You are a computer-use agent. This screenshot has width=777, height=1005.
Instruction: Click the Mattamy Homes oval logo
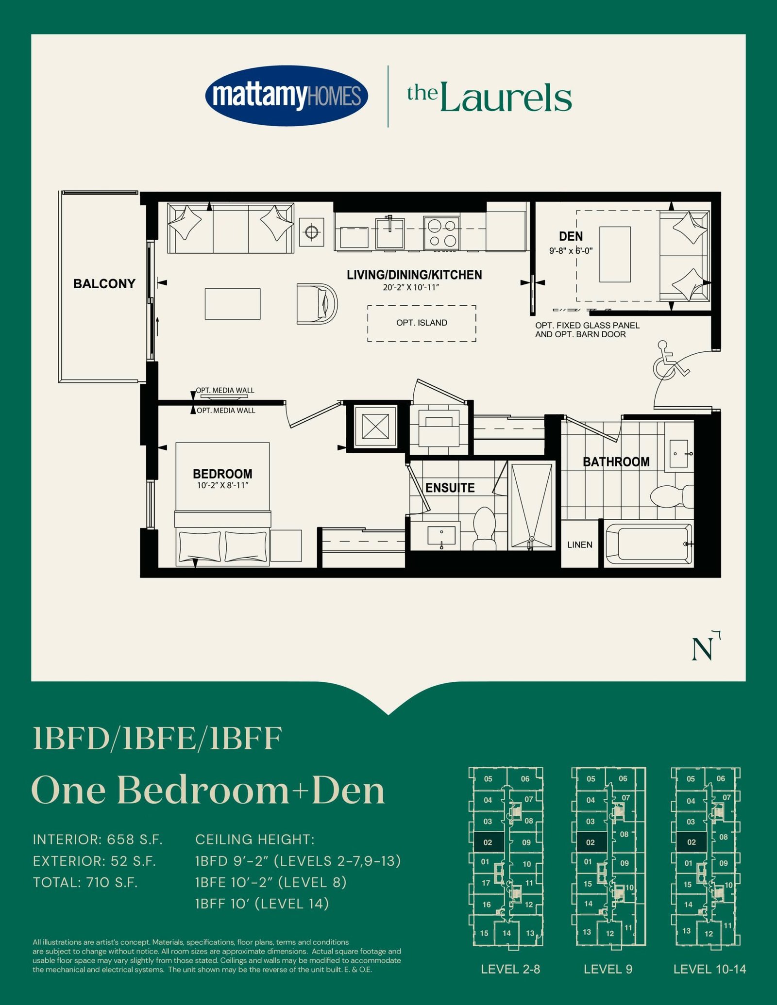pyautogui.click(x=287, y=96)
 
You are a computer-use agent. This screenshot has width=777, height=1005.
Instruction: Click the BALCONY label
pyautogui.click(x=104, y=283)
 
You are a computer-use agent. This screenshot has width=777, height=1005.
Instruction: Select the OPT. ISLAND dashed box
pyautogui.click(x=422, y=323)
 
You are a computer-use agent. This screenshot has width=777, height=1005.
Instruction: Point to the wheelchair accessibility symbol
pyautogui.click(x=670, y=359)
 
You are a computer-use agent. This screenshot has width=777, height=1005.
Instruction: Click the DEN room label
pyautogui.click(x=571, y=236)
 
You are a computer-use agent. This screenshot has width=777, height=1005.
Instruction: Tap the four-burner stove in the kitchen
pyautogui.click(x=441, y=233)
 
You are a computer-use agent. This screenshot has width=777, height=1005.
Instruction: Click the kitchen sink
pyautogui.click(x=390, y=233)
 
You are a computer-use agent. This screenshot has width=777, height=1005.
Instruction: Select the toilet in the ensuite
pyautogui.click(x=484, y=528)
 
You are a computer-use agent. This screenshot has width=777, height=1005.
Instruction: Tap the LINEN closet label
pyautogui.click(x=580, y=544)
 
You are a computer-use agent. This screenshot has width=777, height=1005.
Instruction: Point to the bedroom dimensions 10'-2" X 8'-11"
pyautogui.click(x=222, y=485)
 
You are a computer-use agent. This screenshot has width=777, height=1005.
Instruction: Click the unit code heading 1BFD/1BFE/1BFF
pyautogui.click(x=157, y=739)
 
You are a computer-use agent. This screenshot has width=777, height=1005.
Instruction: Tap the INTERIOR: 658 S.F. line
pyautogui.click(x=98, y=839)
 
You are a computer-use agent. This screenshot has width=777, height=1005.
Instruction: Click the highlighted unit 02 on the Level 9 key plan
pyautogui.click(x=591, y=842)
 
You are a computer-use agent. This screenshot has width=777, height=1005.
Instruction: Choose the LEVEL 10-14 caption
pyautogui.click(x=709, y=969)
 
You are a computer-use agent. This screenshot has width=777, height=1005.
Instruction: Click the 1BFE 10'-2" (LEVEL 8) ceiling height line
pyautogui.click(x=270, y=882)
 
